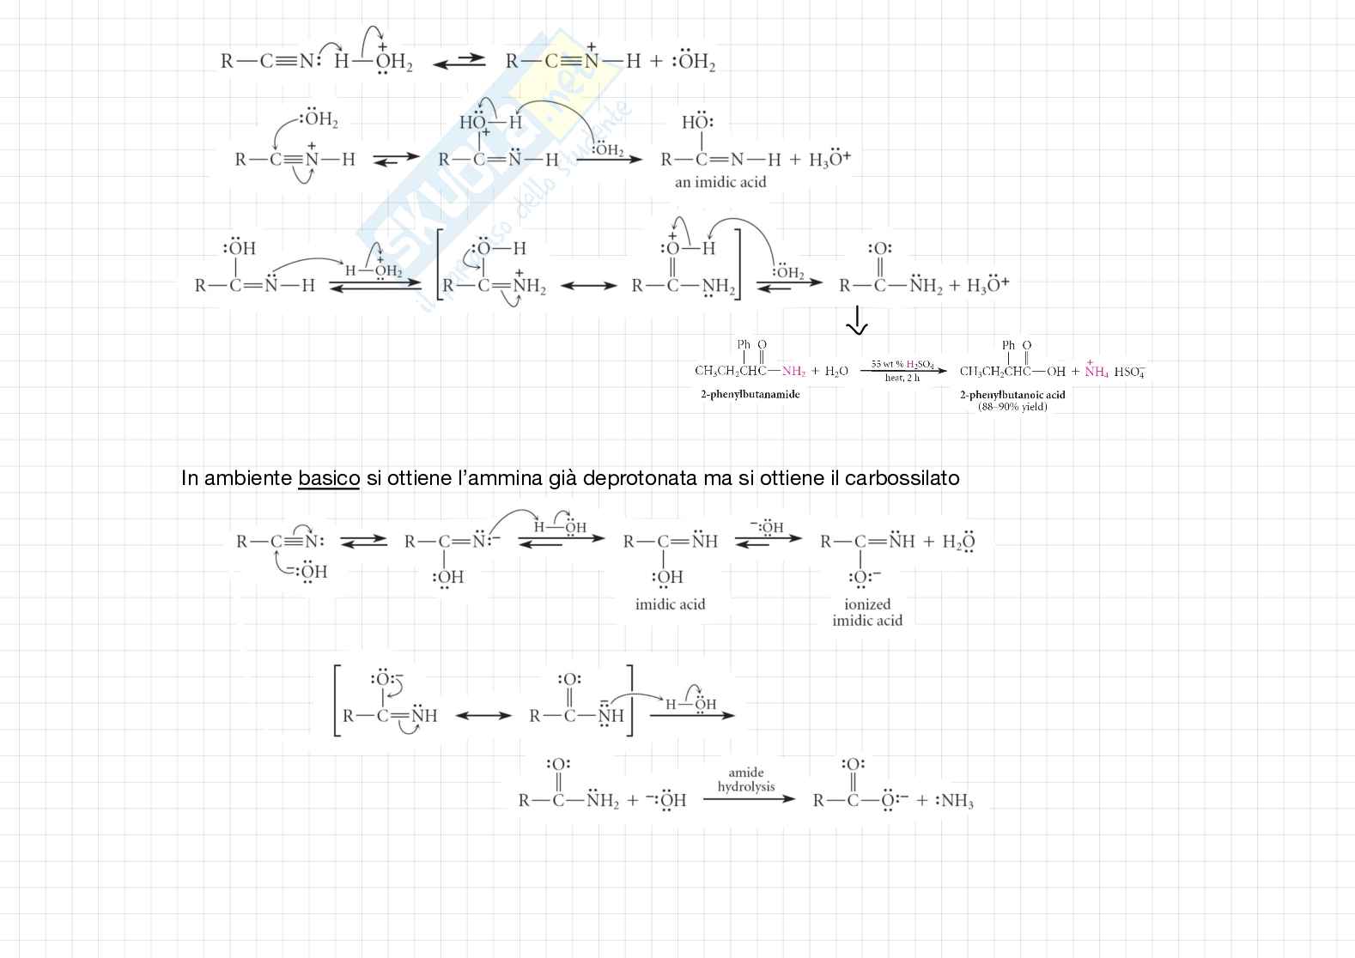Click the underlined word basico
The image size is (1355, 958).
pos(329,478)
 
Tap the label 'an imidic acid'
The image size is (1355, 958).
pos(720,182)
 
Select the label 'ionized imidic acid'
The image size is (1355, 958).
pos(867,612)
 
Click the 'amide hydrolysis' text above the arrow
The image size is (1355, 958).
pos(745,779)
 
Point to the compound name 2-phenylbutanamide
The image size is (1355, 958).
pos(750,394)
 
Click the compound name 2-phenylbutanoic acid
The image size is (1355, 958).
pos(1012,395)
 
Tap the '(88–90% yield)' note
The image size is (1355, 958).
pos(1012,407)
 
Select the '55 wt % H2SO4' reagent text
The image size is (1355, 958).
pos(902,365)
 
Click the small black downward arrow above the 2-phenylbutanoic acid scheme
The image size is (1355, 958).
pos(857,323)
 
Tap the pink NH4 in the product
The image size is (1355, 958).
pos(1097,372)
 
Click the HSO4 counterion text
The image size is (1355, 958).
pos(1129,372)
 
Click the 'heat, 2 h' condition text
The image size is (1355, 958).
pos(902,379)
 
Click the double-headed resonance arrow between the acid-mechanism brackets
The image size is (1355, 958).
pos(588,286)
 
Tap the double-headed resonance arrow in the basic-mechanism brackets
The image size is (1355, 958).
pos(483,715)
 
